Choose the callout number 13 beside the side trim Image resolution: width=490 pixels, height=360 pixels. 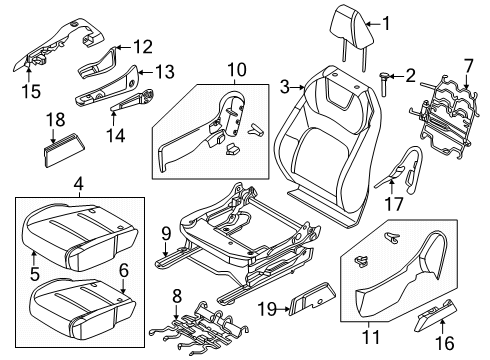click(x=162, y=72)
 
